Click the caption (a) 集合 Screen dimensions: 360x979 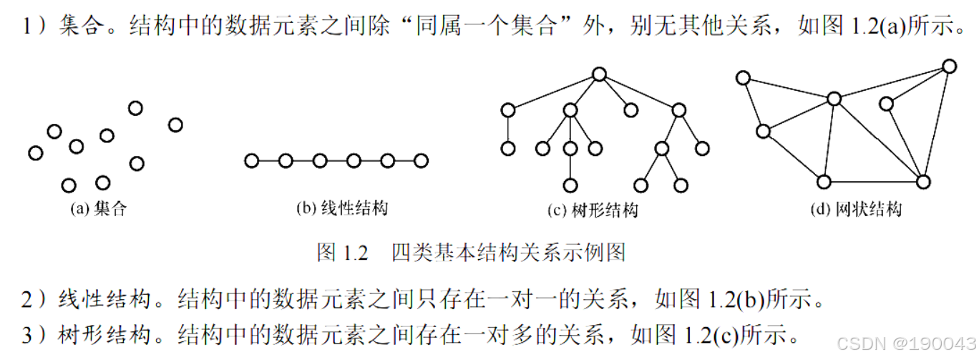[98, 210]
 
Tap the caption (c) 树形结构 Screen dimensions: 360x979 [592, 210]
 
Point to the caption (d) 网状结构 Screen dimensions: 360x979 [856, 209]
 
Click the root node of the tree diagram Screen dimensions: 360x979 [600, 74]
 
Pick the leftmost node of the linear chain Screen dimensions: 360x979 [251, 160]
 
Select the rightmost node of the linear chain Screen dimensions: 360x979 [421, 160]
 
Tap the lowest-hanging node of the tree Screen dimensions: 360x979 [570, 185]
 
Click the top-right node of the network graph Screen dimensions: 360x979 [949, 67]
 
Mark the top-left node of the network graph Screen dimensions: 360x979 [744, 77]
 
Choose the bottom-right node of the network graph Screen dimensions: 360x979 [923, 181]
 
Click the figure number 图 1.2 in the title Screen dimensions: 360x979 [341, 253]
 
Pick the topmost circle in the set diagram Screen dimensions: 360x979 [135, 108]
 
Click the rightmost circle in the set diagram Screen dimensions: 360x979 [175, 125]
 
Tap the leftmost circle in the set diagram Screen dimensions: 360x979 [36, 152]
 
